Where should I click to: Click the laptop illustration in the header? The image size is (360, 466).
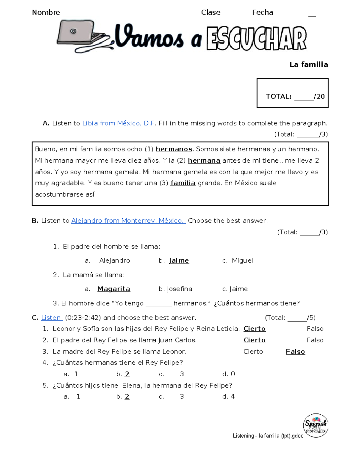click(82, 36)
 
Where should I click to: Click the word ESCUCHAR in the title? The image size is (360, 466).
click(256, 38)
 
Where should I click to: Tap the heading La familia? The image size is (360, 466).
click(308, 65)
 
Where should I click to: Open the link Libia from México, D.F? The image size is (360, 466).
click(118, 123)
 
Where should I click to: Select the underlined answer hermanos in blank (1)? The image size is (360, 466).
click(174, 149)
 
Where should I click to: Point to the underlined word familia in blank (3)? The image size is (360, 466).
click(183, 183)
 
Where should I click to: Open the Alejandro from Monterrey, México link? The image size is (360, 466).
click(128, 221)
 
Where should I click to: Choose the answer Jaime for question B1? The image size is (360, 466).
click(179, 260)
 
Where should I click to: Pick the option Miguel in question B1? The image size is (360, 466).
click(242, 260)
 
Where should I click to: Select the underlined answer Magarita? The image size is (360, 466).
click(114, 289)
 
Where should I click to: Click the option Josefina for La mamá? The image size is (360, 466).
click(179, 289)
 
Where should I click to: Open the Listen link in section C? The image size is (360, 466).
click(51, 318)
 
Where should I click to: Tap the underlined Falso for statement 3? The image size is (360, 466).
click(295, 352)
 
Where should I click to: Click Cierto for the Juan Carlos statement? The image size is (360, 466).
click(254, 340)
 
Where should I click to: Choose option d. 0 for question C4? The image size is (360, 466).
click(229, 374)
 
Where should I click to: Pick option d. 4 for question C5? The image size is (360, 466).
click(229, 397)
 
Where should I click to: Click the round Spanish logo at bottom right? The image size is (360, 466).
click(316, 425)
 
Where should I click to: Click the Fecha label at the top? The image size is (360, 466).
click(262, 13)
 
